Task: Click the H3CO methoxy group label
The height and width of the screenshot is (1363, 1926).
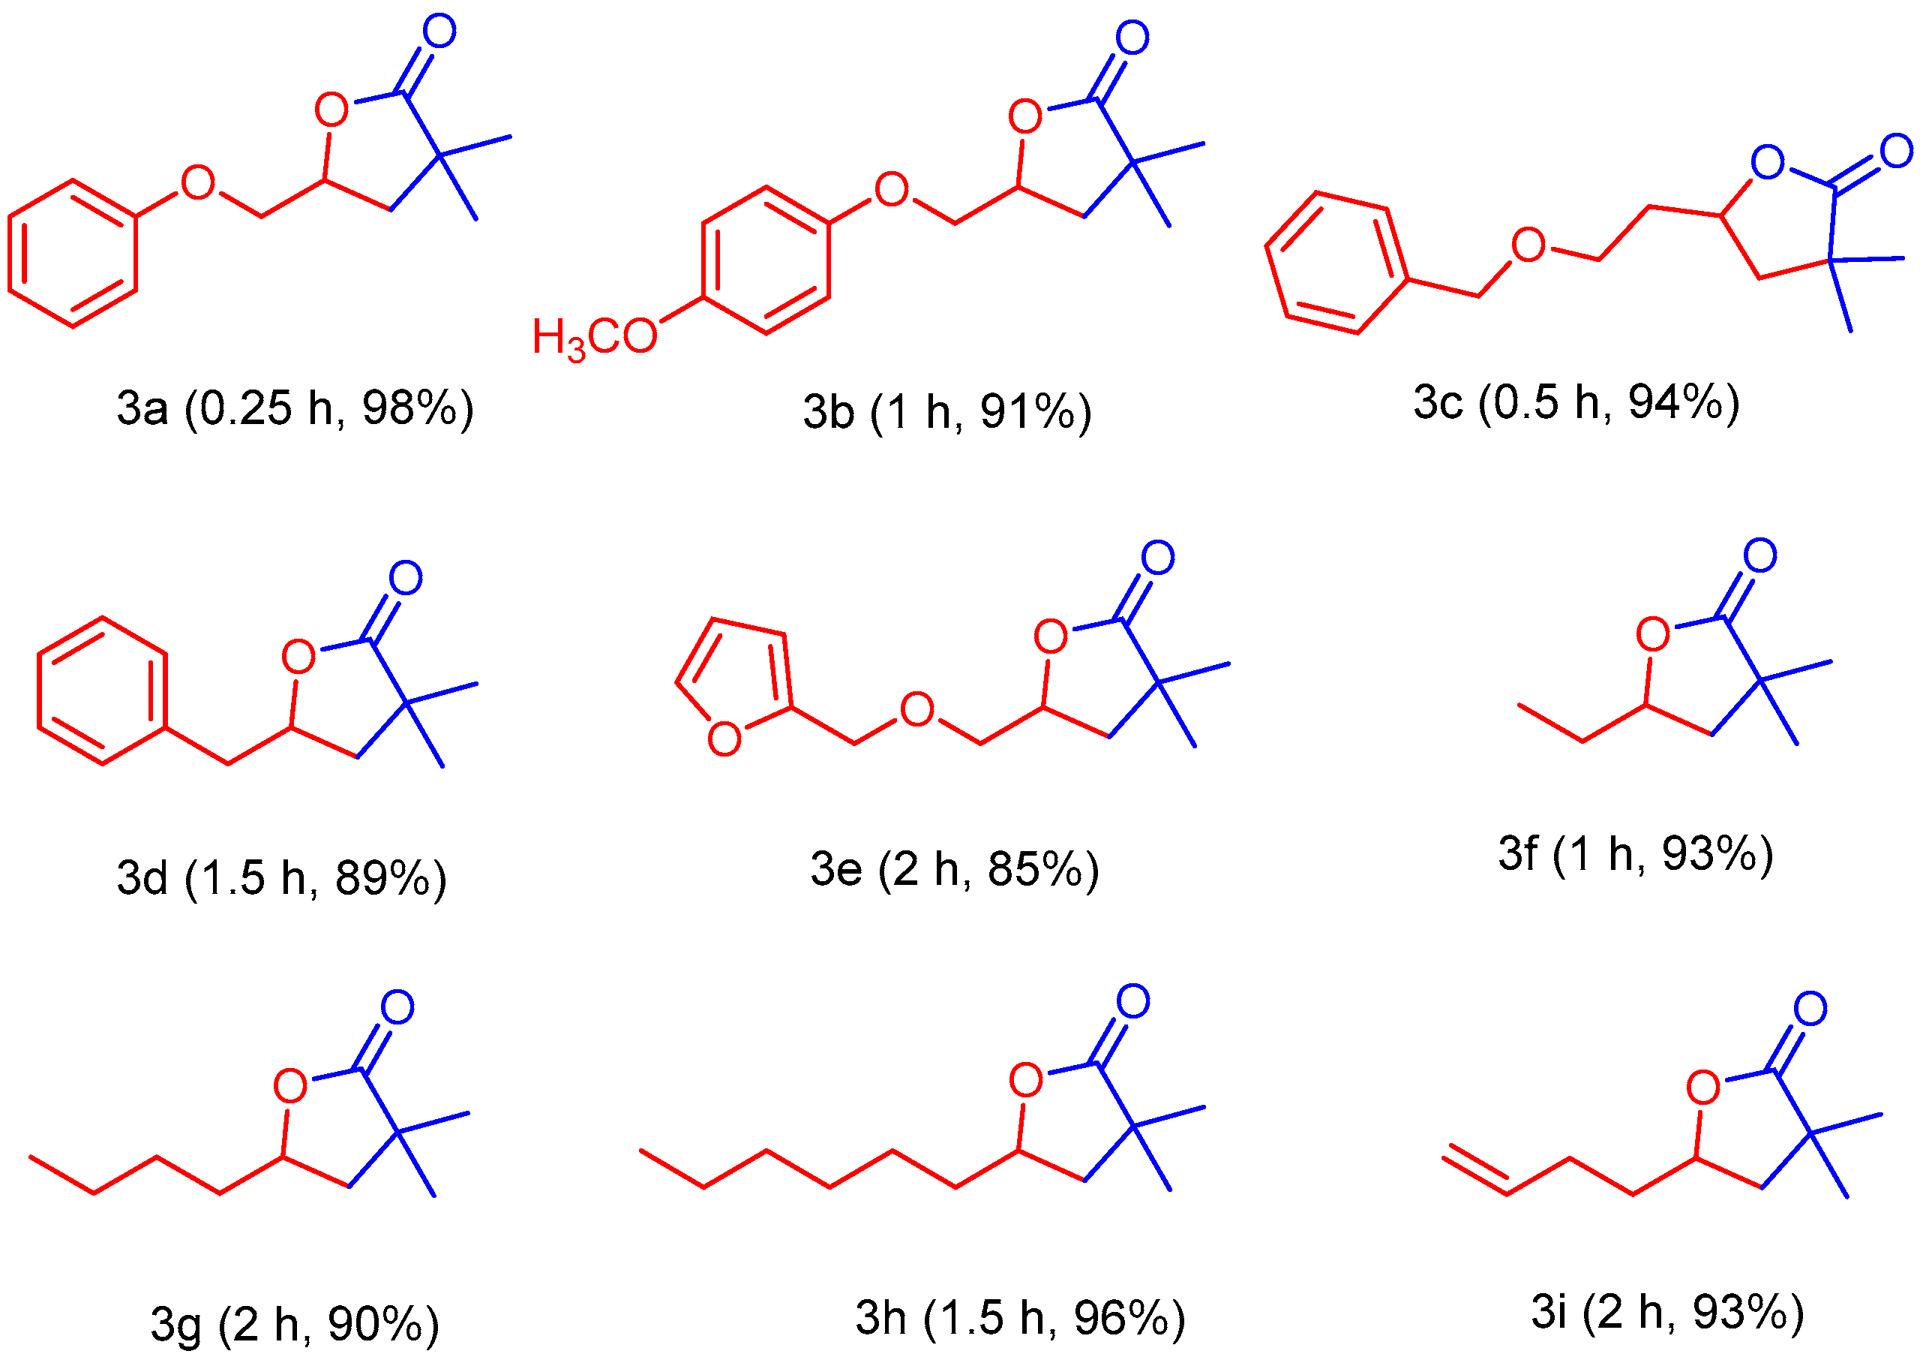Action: pyautogui.click(x=594, y=338)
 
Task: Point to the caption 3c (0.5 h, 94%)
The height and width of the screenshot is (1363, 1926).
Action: pyautogui.click(x=1576, y=402)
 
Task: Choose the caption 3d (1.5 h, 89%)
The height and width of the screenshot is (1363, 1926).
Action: pyautogui.click(x=282, y=878)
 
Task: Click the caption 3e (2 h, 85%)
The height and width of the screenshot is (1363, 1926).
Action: pyautogui.click(x=955, y=868)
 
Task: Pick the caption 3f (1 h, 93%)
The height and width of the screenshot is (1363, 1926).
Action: pyautogui.click(x=1636, y=853)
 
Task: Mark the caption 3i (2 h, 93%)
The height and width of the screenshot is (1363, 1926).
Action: pyautogui.click(x=1668, y=1312)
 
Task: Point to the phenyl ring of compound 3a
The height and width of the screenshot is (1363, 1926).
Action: pyautogui.click(x=73, y=253)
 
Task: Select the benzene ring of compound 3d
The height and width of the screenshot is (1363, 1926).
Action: pyautogui.click(x=102, y=691)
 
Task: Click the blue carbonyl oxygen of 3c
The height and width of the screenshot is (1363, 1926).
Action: pyautogui.click(x=1897, y=151)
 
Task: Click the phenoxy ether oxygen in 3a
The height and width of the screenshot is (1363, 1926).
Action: pyautogui.click(x=198, y=182)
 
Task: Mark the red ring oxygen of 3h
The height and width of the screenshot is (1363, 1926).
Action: pyautogui.click(x=1026, y=1080)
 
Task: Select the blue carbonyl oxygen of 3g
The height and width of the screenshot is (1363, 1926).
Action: pyautogui.click(x=397, y=1007)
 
